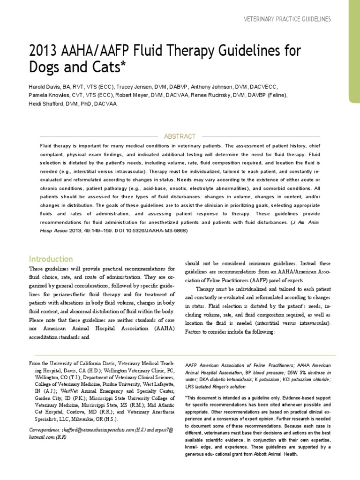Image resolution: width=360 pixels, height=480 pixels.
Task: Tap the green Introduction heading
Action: (51, 259)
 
